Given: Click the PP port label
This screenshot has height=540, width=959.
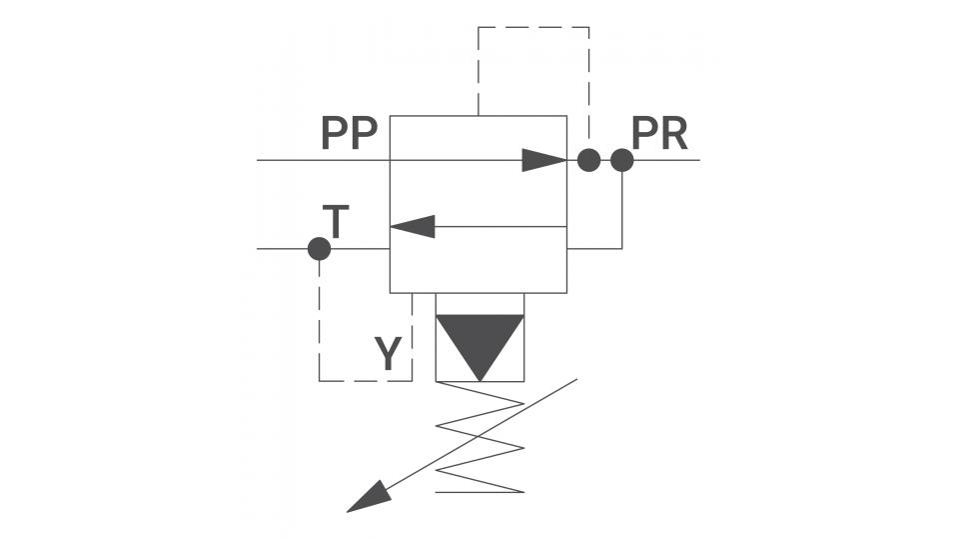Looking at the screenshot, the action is pos(350,133).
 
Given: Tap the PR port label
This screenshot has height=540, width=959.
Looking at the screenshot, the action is pos(659,133).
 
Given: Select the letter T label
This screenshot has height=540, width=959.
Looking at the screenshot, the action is pos(336,222).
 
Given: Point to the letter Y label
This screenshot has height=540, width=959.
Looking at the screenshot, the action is pos(389,353).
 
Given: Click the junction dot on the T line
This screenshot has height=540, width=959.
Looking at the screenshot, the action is pos(320,249).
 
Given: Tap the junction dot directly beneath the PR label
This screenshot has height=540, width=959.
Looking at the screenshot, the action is pos(622,160).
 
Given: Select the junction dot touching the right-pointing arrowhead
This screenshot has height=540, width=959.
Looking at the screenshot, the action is pos(589,160).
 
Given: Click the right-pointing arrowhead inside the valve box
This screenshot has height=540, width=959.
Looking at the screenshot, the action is pos(544,160).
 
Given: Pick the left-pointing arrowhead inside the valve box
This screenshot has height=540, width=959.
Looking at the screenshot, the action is pos(413,227).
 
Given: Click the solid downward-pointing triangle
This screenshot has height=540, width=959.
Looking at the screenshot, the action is pos(480,344).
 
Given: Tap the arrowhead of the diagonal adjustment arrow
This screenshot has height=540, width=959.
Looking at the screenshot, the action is pos(369,497).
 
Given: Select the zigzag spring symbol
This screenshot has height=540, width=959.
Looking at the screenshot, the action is pos(480,437).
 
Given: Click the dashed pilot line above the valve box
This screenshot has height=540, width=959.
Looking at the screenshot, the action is pos(533,27).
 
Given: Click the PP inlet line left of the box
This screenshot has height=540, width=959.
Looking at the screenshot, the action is pos(324,160).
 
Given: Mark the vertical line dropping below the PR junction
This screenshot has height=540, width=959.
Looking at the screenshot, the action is pos(622,210).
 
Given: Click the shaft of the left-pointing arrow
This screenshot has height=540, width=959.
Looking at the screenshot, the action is pos(500,227).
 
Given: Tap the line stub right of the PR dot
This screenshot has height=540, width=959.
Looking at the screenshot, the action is pos(666,160).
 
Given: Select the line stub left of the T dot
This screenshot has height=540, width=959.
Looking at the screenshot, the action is pos(283,249).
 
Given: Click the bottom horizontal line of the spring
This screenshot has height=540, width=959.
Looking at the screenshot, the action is pos(480,492).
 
